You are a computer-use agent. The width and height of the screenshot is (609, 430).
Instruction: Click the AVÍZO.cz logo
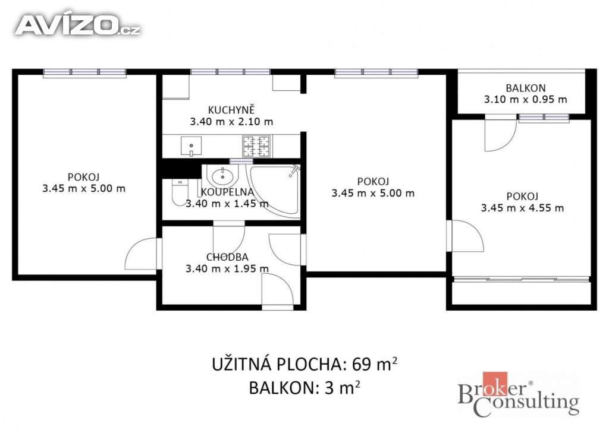(x=77, y=25)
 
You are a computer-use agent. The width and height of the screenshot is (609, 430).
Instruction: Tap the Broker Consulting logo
(x=519, y=394)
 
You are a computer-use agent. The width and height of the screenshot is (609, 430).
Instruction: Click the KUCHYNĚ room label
(x=231, y=110)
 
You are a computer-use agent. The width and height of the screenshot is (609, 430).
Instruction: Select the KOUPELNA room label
(x=227, y=192)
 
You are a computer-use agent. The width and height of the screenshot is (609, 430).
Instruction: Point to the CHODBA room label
(x=227, y=257)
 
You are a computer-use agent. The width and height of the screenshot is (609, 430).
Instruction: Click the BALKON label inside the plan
(x=526, y=88)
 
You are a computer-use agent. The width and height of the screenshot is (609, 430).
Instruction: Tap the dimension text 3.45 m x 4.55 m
(x=522, y=208)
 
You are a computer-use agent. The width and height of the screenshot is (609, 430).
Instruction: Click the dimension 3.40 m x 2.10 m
(x=231, y=122)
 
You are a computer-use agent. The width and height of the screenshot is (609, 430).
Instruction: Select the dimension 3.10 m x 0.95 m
(x=526, y=100)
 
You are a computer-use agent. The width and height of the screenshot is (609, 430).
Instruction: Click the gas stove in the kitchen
(x=256, y=146)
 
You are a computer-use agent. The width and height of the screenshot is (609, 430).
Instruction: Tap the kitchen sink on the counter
(x=191, y=146)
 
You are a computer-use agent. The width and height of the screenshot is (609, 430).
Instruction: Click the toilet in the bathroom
(x=180, y=192)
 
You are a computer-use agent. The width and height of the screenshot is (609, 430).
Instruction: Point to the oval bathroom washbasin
(x=222, y=176)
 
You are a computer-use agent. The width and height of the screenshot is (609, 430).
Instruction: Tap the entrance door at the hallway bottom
(x=277, y=291)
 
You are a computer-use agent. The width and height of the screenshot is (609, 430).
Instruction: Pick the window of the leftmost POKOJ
(x=84, y=72)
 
